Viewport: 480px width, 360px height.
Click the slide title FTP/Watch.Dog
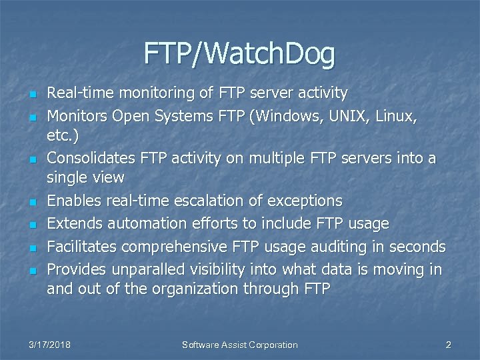click(239, 54)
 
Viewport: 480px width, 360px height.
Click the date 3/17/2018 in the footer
click(51, 345)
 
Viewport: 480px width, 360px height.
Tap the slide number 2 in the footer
click(448, 345)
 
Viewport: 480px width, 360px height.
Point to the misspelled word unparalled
click(141, 269)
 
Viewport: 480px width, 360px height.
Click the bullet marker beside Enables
click(31, 201)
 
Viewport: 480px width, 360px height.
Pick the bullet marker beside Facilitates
click(31, 247)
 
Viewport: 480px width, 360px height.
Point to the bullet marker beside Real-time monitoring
click(31, 93)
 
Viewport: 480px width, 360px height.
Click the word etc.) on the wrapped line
click(63, 136)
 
